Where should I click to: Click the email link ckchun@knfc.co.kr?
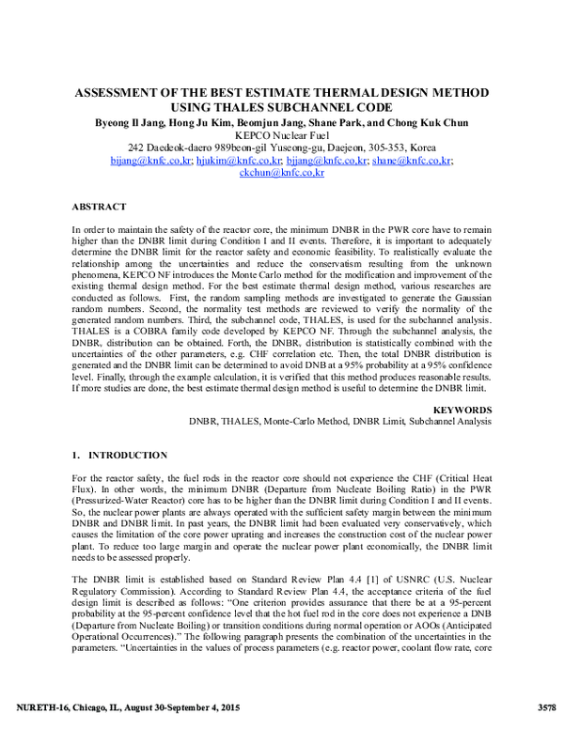(x=281, y=174)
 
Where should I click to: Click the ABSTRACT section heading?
(x=100, y=205)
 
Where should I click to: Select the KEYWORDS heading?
(x=462, y=411)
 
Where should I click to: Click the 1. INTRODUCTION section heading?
(x=119, y=455)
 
